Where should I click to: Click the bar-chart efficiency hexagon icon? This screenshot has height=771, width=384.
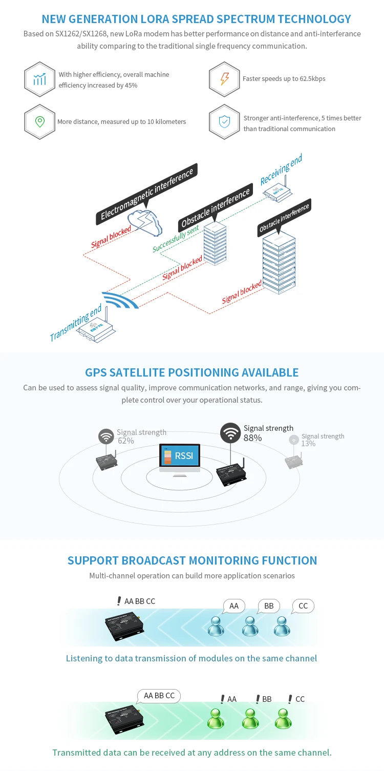point(39,79)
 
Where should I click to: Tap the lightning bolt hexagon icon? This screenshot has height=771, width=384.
point(224,79)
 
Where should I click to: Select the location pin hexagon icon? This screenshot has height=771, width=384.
point(39,122)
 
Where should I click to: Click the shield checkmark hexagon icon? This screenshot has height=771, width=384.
point(224,122)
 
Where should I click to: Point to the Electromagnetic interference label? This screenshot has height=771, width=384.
point(147,194)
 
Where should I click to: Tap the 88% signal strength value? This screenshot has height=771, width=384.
point(252,438)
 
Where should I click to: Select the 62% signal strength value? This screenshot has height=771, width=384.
point(125,441)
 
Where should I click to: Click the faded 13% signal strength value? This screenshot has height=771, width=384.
point(308,444)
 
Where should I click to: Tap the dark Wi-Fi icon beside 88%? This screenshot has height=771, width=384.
point(230,433)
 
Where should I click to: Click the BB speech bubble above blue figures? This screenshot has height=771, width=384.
point(268,606)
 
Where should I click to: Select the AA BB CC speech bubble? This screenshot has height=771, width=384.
point(159,696)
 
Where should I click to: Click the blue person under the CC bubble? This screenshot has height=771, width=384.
point(282,626)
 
